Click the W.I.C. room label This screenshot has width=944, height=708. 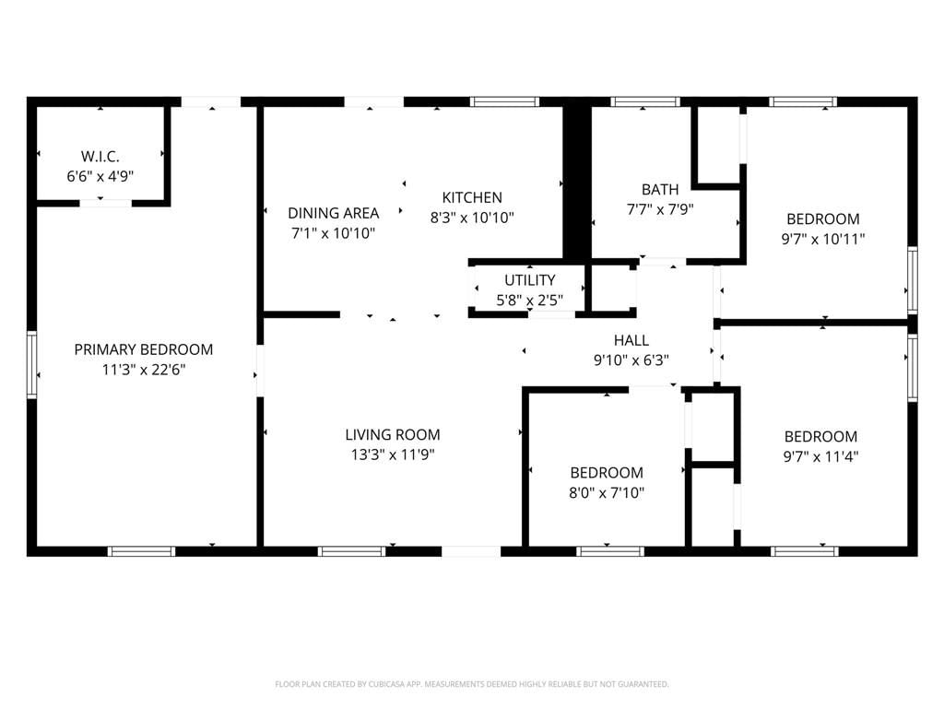[x=100, y=157]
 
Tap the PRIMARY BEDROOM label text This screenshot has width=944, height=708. [x=143, y=349]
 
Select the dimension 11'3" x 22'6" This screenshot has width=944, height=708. [x=143, y=370]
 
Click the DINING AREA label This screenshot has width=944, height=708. [x=333, y=213]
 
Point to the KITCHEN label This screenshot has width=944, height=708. [x=472, y=197]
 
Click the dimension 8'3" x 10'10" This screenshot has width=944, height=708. [x=472, y=218]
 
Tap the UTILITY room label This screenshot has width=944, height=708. [x=530, y=280]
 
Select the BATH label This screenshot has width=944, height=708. [x=660, y=190]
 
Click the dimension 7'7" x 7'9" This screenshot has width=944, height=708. [x=660, y=209]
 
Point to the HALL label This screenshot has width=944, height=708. [x=631, y=340]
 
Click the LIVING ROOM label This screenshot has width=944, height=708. [x=393, y=435]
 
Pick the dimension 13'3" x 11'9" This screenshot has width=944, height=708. [x=393, y=454]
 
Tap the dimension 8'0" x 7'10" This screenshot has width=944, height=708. [x=607, y=492]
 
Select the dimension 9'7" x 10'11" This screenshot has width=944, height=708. [x=823, y=239]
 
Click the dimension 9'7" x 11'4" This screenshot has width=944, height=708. [x=820, y=456]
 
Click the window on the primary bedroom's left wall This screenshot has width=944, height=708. [x=32, y=364]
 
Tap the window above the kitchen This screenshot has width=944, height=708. [x=504, y=101]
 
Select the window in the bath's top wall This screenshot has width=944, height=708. [x=644, y=101]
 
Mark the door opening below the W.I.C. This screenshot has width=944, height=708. [x=105, y=203]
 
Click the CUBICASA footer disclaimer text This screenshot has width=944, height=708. [x=472, y=684]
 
